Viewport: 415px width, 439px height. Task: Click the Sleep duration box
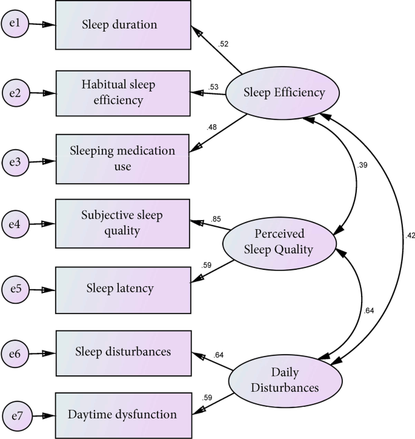[124, 25]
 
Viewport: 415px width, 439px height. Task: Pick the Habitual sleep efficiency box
[124, 93]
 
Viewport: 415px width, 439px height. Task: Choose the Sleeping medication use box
[124, 159]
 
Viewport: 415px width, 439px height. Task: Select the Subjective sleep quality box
[124, 223]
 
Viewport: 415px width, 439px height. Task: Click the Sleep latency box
[124, 288]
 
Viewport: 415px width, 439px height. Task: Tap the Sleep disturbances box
[124, 352]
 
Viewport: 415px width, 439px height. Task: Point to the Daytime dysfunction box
[124, 415]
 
